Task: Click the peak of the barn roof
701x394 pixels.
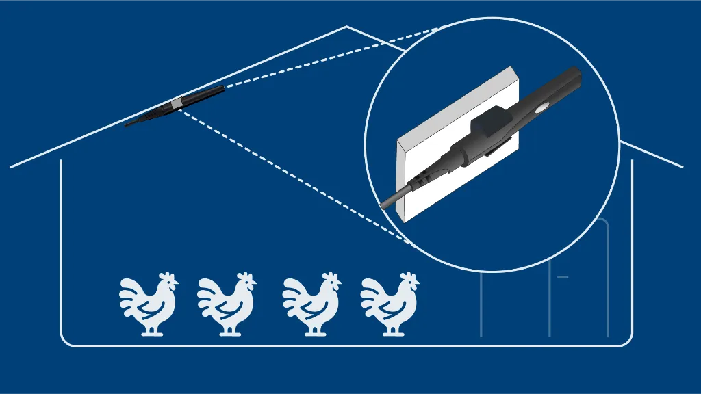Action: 346,27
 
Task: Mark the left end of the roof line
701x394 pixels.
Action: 12,166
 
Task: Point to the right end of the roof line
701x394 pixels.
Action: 682,166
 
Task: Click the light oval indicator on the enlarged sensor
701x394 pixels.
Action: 541,108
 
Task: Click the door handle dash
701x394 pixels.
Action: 563,277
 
